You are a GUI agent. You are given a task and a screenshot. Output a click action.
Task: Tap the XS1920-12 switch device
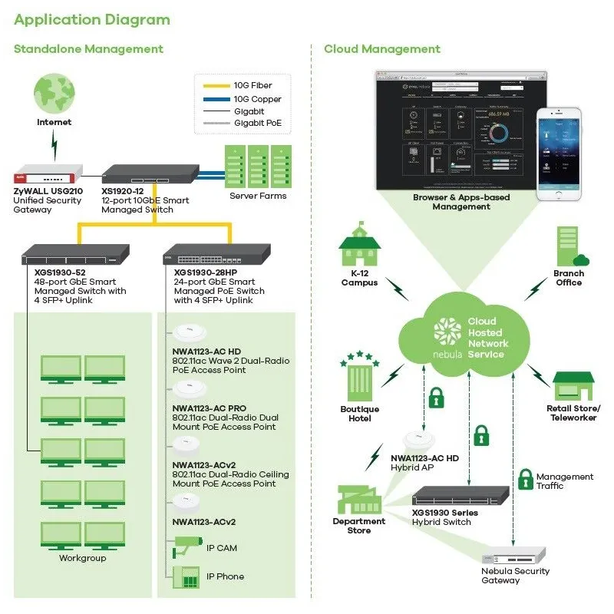coord(150,174)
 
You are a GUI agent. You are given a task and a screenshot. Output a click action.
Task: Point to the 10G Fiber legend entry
coord(253,86)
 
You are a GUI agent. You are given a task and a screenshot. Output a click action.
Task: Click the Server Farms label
coord(258,196)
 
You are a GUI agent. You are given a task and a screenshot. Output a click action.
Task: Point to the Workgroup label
coord(83,558)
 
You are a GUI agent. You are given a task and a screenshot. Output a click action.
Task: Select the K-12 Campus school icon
coord(360,247)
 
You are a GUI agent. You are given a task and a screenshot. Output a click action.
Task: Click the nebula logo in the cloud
coord(447,337)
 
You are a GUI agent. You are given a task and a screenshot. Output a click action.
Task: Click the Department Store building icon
coord(358,500)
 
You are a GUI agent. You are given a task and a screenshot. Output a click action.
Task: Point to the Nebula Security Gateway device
coord(513,556)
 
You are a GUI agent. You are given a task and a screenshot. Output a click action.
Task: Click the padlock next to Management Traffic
coord(525,480)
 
